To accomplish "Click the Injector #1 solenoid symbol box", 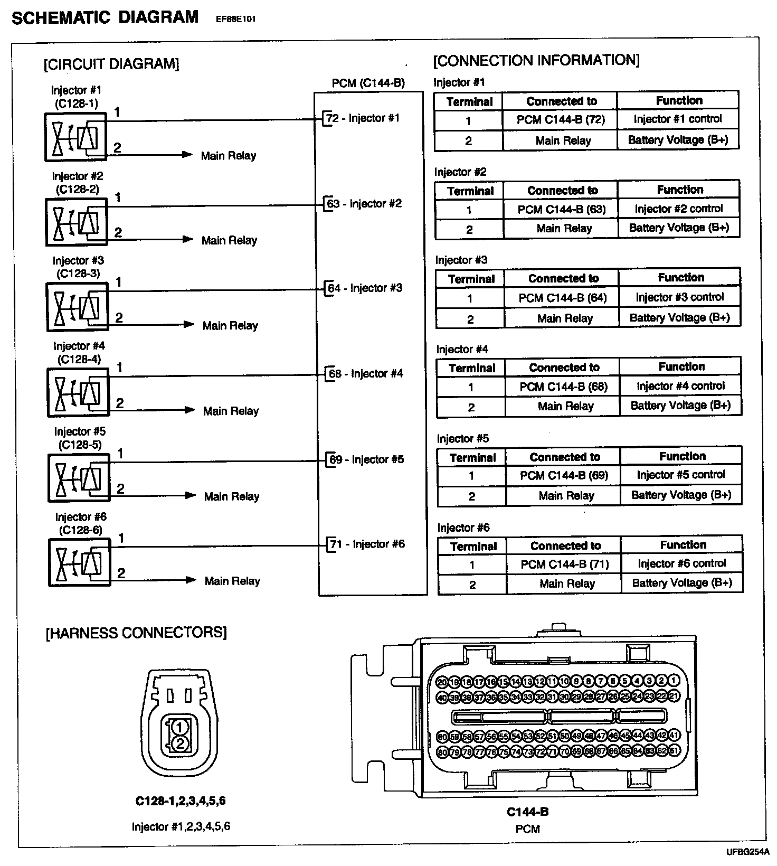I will coord(76,137).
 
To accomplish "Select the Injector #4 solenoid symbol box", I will coord(78,392).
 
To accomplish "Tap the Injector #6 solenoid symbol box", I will coord(80,563).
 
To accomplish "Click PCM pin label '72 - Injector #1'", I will coord(364,118).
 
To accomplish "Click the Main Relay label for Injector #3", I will coord(230,325).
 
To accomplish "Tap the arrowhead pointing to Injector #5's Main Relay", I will coord(189,495).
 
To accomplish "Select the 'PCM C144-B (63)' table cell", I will coord(561,209).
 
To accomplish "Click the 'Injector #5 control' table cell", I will coord(681,475).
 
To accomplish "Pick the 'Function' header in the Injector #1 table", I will coord(679,100).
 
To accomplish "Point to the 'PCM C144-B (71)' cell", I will coord(564,564).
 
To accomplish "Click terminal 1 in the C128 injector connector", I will coord(179,728).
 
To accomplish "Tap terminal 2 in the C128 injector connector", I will coord(179,743).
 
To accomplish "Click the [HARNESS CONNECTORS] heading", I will coord(137,633).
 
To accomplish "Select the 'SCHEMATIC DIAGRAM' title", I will coord(105,17).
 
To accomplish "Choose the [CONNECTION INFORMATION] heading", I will coord(536,60).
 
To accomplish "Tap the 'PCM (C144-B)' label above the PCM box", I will coord(368,83).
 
